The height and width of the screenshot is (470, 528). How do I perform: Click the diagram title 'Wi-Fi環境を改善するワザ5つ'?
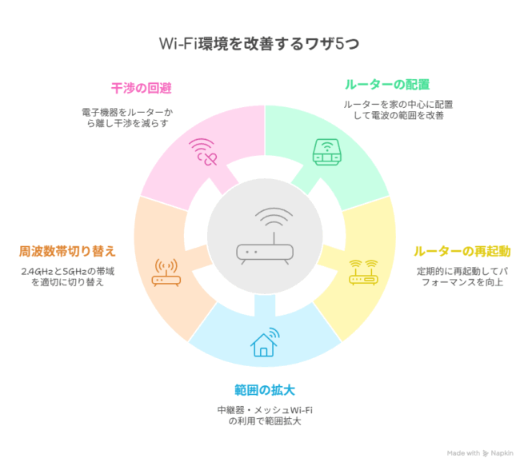tap(259, 44)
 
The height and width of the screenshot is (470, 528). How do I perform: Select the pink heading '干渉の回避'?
tap(142, 88)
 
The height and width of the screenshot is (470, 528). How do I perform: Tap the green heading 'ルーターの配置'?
tap(387, 85)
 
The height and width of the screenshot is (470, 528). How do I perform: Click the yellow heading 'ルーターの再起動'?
tap(462, 251)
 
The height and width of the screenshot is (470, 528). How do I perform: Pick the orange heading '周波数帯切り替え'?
tap(67, 251)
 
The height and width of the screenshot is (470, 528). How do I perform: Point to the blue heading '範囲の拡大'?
tap(265, 390)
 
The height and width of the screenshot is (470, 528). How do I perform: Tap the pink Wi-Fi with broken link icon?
tap(202, 152)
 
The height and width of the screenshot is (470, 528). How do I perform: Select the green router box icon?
tap(327, 152)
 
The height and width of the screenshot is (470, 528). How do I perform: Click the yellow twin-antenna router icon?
tap(363, 273)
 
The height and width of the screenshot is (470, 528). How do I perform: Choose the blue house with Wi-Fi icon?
tap(265, 342)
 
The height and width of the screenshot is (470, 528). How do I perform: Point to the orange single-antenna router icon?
tap(166, 273)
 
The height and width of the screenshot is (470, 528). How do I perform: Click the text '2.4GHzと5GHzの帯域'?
tap(68, 271)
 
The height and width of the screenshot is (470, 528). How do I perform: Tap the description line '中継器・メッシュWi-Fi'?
tap(265, 410)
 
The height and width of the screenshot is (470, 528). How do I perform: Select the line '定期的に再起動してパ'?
tap(462, 271)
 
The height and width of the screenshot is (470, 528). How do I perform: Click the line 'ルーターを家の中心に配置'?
tap(398, 105)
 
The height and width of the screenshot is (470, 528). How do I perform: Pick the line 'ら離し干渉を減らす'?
tap(127, 123)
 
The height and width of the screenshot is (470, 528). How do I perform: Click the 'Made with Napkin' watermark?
tap(480, 453)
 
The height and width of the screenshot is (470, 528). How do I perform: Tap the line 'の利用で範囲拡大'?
tap(265, 421)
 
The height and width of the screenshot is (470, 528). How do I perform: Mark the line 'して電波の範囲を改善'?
tap(398, 116)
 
